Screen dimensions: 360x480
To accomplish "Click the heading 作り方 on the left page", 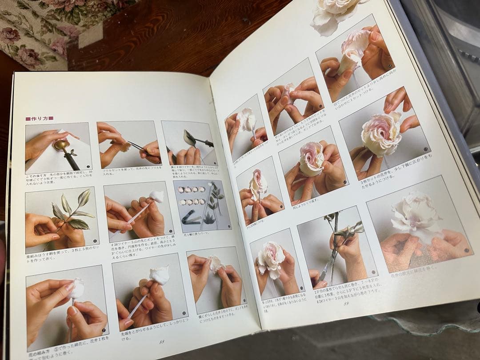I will [x=40, y=118].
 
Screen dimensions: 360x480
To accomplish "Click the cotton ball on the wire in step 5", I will [x=156, y=196].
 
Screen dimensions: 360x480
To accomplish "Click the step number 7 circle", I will [x=104, y=331].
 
